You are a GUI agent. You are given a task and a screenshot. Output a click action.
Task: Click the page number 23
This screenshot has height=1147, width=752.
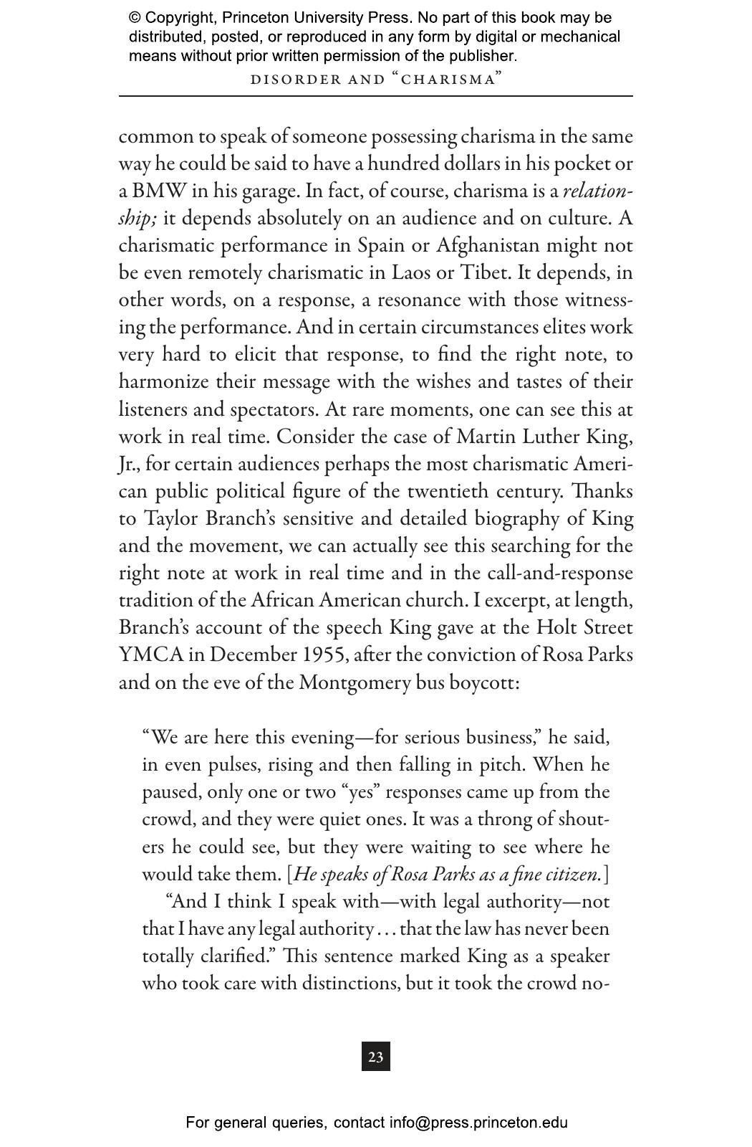(376, 1057)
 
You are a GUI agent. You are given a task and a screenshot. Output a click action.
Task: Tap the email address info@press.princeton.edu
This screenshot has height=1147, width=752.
(478, 1123)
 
